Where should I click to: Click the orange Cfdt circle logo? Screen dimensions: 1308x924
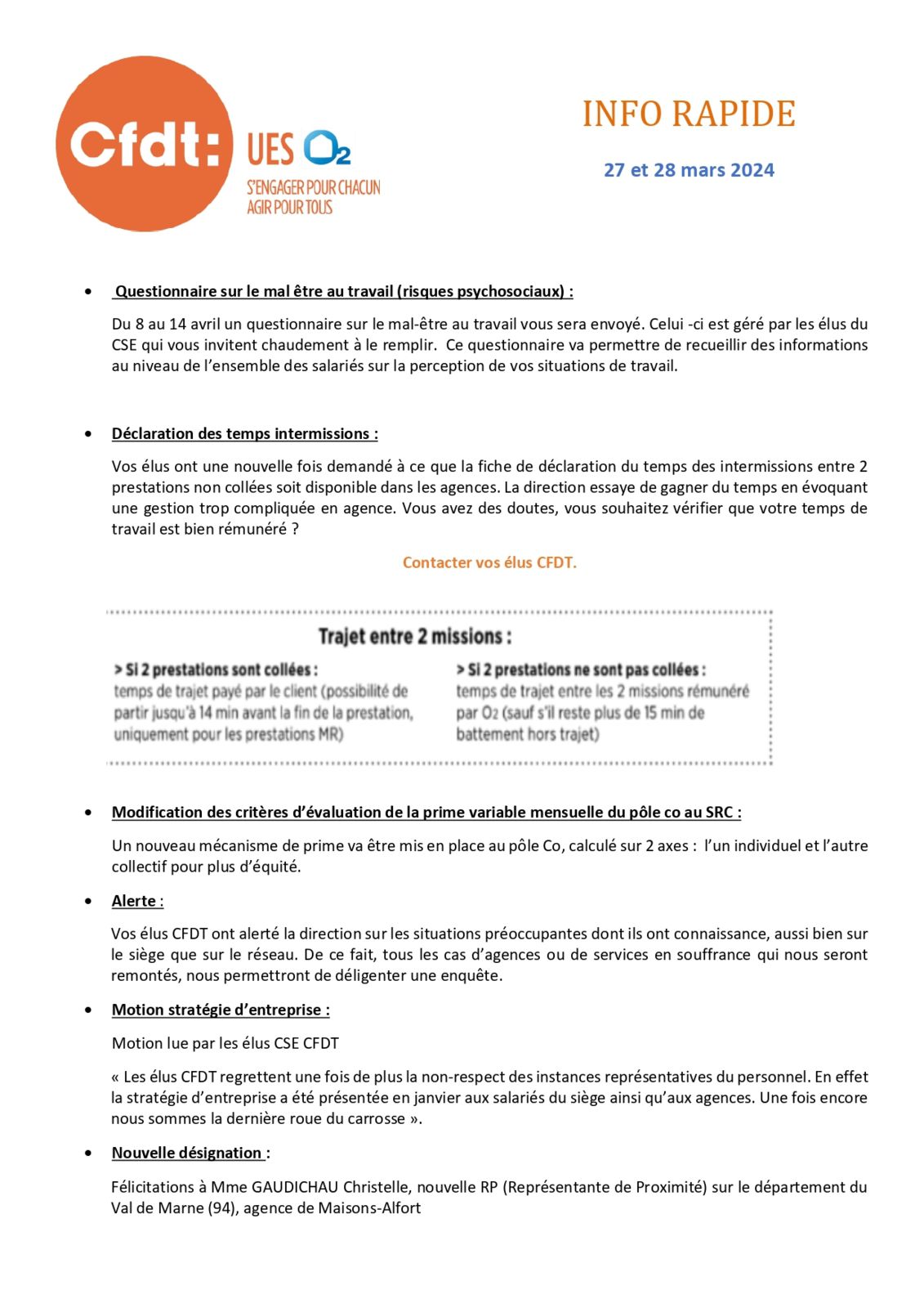(144, 144)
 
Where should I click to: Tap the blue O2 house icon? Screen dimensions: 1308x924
(327, 148)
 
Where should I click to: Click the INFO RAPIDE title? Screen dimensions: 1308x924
(689, 114)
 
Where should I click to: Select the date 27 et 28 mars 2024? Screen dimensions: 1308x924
(689, 170)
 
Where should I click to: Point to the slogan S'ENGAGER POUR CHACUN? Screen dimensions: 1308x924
(314, 188)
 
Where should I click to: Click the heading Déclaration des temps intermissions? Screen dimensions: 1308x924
(244, 434)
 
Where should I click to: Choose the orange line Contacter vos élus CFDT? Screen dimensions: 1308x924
(489, 562)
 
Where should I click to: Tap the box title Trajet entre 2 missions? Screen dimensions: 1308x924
(415, 636)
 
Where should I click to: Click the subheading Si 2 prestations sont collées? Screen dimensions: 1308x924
(216, 670)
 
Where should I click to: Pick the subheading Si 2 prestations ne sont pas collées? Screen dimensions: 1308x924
(581, 670)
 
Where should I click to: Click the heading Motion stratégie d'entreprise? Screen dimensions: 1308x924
(221, 1010)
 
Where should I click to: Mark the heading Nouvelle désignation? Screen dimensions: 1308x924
(187, 1153)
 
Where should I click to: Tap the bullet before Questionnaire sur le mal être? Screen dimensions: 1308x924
(88, 291)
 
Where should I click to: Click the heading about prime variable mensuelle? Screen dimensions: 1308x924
(426, 813)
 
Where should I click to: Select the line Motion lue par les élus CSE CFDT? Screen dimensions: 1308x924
(225, 1043)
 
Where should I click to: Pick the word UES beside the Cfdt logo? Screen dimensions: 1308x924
(270, 150)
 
